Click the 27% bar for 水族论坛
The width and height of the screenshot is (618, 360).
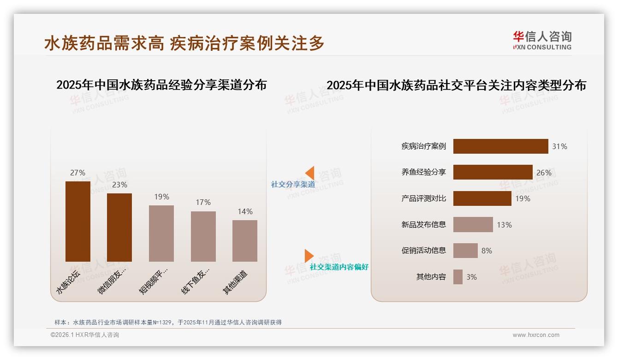(x=77, y=222)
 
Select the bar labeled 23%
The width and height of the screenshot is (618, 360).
(x=119, y=228)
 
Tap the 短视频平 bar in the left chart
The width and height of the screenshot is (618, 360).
(x=161, y=234)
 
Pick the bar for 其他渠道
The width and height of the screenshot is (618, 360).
(x=245, y=241)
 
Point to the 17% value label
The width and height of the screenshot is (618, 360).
(x=203, y=202)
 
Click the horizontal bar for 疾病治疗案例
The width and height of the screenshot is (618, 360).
(x=500, y=146)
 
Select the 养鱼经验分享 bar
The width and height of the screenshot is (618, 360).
(x=493, y=172)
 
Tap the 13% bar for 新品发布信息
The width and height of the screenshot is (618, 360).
(x=473, y=225)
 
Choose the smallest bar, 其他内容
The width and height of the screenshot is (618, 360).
(x=458, y=277)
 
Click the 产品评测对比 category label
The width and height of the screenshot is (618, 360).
(x=423, y=198)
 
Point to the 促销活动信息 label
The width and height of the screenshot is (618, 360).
(x=423, y=251)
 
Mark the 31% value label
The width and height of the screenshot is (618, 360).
(x=559, y=146)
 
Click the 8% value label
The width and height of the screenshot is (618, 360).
(x=487, y=251)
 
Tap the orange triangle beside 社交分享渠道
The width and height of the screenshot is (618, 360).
(x=310, y=173)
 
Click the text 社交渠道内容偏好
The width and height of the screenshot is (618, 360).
(x=339, y=267)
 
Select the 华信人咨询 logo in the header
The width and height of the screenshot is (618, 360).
(x=542, y=41)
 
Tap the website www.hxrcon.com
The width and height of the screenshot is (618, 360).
(x=536, y=335)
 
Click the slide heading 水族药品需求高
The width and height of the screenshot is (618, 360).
(x=104, y=43)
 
